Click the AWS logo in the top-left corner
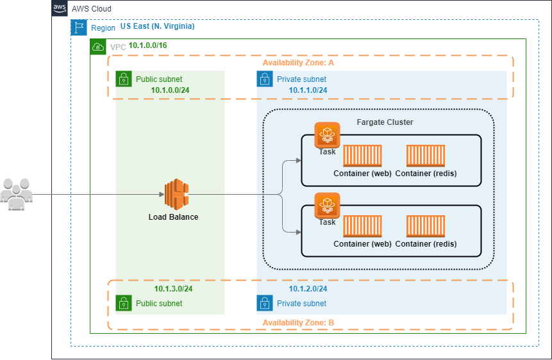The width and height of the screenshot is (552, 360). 60,9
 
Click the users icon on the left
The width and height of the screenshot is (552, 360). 16,193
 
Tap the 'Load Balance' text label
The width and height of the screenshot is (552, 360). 173,217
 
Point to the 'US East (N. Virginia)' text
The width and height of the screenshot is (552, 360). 157,27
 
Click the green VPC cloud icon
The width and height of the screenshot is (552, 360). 98,47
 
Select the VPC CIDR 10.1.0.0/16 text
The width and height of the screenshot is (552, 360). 148,46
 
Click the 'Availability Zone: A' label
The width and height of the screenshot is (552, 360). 298,63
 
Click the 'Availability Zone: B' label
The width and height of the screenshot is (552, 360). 298,323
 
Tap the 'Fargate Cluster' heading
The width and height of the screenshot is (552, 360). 385,122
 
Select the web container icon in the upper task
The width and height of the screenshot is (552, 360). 362,157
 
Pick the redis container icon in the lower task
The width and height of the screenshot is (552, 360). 426,227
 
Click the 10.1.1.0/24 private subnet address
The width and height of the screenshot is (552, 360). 308,90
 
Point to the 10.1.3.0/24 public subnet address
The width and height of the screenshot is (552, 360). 173,289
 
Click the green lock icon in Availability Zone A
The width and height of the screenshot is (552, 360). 124,79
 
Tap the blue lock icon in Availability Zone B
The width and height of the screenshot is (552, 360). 265,303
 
